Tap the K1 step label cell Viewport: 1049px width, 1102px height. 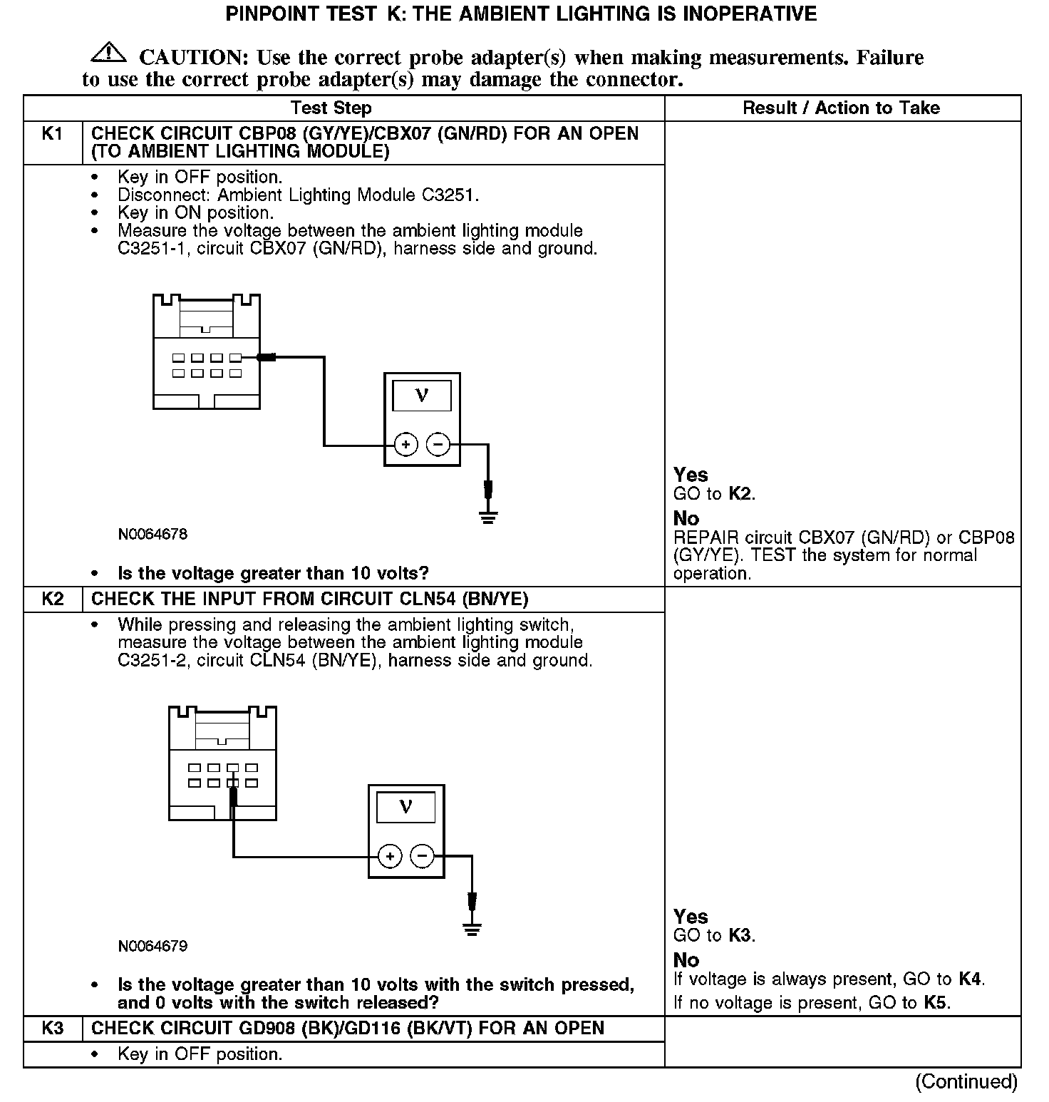click(53, 134)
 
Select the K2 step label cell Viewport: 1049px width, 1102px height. click(53, 599)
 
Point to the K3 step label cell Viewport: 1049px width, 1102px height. click(53, 1028)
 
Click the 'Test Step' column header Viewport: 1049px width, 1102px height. click(331, 108)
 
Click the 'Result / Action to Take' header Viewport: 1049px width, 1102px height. click(841, 108)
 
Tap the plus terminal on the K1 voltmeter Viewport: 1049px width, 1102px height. click(405, 446)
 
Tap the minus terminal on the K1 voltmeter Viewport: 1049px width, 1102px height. click(438, 446)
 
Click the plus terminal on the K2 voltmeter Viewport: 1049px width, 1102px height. click(389, 856)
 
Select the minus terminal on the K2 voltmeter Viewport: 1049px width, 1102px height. click(422, 856)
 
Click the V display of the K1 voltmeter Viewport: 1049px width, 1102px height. click(422, 395)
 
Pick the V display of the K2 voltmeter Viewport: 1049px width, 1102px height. click(405, 807)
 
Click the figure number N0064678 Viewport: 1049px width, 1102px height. click(153, 534)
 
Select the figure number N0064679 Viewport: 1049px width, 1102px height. click(153, 946)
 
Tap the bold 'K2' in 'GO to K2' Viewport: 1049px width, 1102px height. click(740, 494)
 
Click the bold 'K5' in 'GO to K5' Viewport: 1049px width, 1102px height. click(936, 1003)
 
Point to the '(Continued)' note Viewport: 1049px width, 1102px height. click(966, 1081)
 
